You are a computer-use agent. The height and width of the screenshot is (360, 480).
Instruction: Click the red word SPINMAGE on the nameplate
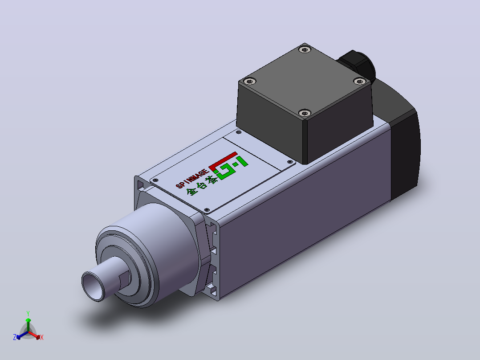click(193, 177)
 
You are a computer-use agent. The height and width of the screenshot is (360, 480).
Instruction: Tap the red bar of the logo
click(223, 161)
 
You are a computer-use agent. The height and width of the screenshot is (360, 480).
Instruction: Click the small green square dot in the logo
click(235, 165)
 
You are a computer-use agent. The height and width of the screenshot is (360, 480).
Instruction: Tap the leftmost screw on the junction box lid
click(250, 81)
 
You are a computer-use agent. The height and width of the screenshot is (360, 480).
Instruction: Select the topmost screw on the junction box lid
click(305, 49)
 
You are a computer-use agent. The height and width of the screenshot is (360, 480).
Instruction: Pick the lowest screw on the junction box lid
click(305, 113)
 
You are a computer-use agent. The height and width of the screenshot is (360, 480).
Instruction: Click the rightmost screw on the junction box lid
click(359, 81)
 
